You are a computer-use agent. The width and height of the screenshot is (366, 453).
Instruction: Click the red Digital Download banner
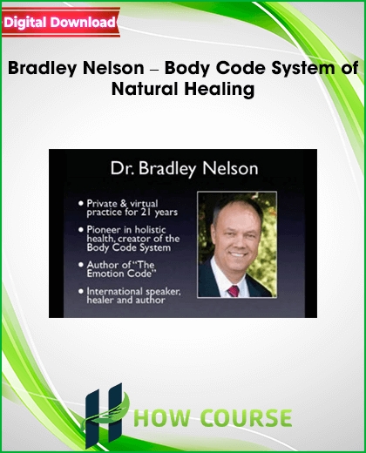(61, 23)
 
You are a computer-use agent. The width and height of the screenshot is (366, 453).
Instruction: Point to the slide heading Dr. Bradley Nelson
(184, 168)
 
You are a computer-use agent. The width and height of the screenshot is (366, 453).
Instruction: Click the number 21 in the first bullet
(146, 213)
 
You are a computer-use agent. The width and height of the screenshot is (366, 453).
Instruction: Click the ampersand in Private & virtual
(123, 203)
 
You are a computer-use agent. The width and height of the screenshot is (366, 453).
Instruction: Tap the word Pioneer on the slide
(104, 230)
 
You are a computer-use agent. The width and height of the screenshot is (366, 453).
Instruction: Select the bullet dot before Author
(81, 265)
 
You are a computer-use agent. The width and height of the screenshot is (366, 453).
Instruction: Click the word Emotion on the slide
(105, 274)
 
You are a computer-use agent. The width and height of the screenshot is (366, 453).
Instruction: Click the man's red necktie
(234, 291)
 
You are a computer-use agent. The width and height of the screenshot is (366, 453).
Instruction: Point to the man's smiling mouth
(238, 255)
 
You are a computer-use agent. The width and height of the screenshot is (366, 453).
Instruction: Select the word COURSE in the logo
(246, 418)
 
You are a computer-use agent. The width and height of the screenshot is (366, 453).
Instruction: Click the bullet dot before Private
(81, 203)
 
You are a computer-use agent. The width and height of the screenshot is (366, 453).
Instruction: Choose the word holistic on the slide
(150, 230)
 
